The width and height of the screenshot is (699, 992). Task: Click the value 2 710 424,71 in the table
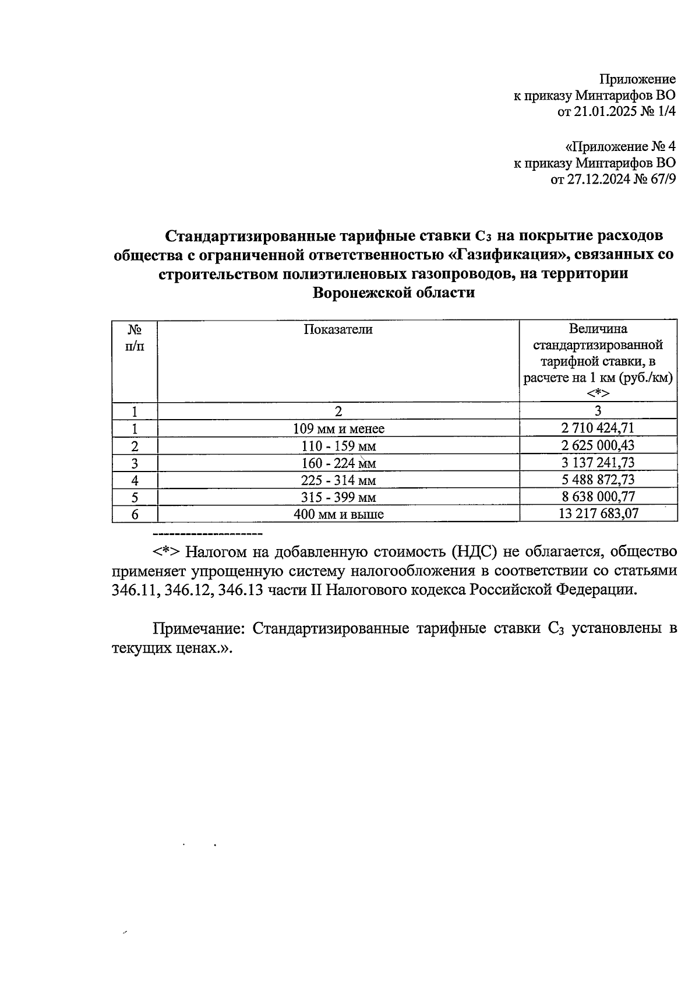click(598, 428)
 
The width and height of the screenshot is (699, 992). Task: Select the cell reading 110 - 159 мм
click(338, 446)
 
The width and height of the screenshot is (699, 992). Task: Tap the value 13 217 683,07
click(598, 513)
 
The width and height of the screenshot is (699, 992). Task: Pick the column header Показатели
click(338, 330)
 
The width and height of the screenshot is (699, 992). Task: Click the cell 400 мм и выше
click(338, 514)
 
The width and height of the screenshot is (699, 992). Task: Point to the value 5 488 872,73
click(598, 480)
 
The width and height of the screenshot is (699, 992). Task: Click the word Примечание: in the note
click(199, 629)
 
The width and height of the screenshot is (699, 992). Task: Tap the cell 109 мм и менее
click(338, 429)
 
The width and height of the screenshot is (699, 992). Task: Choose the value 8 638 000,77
click(598, 497)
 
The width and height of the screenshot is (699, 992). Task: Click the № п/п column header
click(135, 337)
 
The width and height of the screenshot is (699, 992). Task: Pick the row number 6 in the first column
click(135, 514)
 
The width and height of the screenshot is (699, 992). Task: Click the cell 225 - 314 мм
click(338, 480)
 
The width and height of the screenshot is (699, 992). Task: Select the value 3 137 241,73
click(598, 463)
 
